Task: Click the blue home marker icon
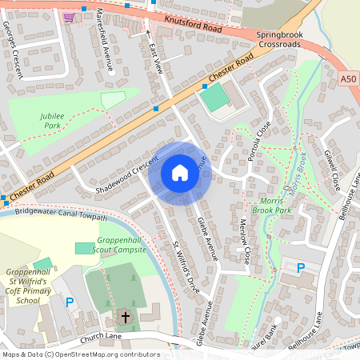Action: (x=180, y=173)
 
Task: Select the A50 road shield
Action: (x=347, y=78)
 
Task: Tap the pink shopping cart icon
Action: (x=69, y=18)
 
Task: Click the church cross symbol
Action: (x=125, y=318)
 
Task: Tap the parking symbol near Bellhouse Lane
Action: (x=301, y=269)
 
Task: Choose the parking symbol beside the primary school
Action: (x=70, y=302)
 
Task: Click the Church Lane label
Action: (x=100, y=337)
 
